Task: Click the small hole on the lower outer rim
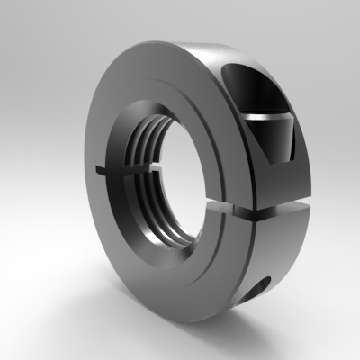262,287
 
